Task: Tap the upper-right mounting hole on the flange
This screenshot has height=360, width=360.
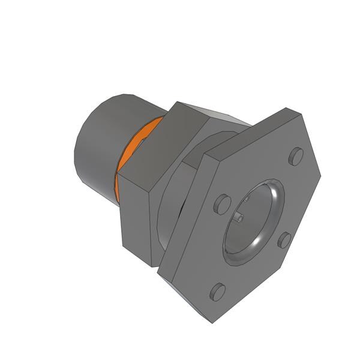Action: coord(295,157)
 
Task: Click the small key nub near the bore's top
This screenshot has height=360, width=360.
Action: coord(247,199)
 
